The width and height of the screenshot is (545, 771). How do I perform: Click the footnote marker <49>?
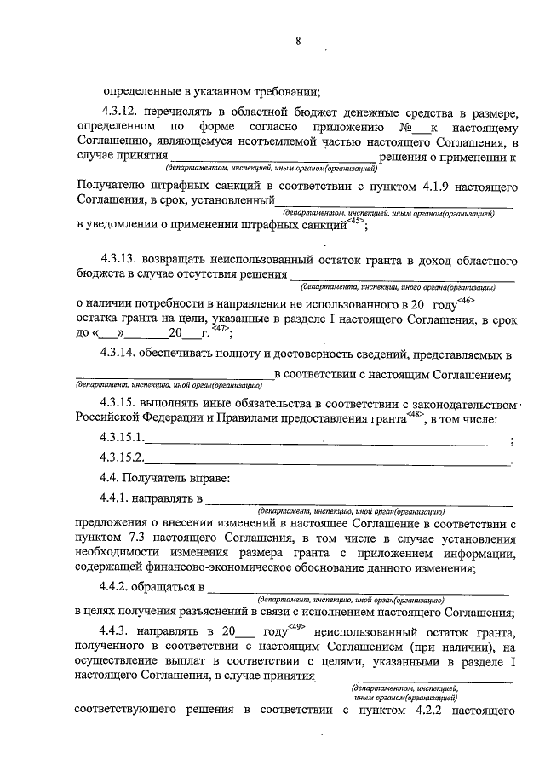tap(297, 627)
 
